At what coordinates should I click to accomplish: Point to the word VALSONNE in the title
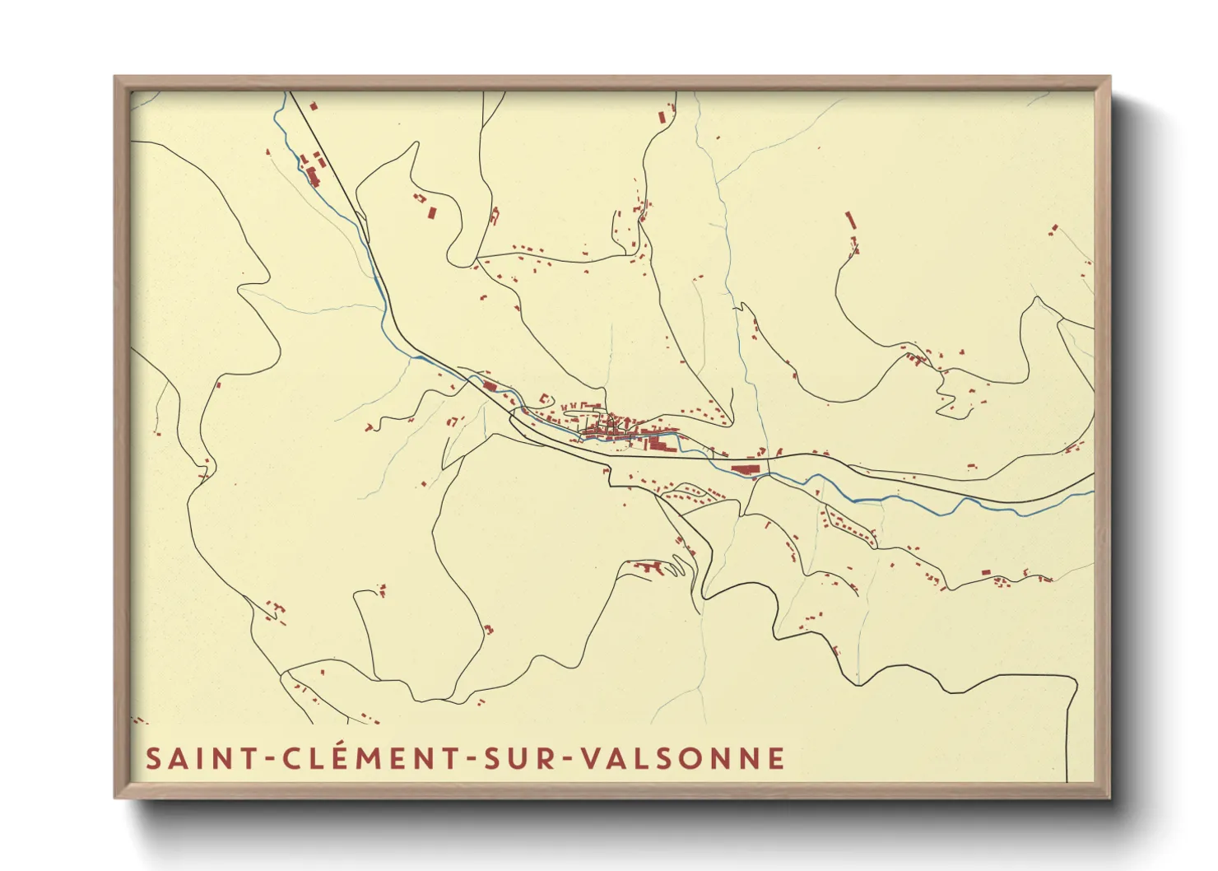(683, 758)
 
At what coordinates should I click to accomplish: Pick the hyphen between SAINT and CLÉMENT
(270, 760)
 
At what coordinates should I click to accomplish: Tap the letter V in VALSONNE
(591, 758)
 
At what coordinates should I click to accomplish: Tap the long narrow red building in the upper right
(850, 220)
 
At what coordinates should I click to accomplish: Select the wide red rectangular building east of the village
(744, 468)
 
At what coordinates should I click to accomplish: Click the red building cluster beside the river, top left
(312, 173)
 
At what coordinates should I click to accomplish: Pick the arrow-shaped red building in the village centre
(657, 445)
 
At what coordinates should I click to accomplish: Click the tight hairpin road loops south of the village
(676, 566)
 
